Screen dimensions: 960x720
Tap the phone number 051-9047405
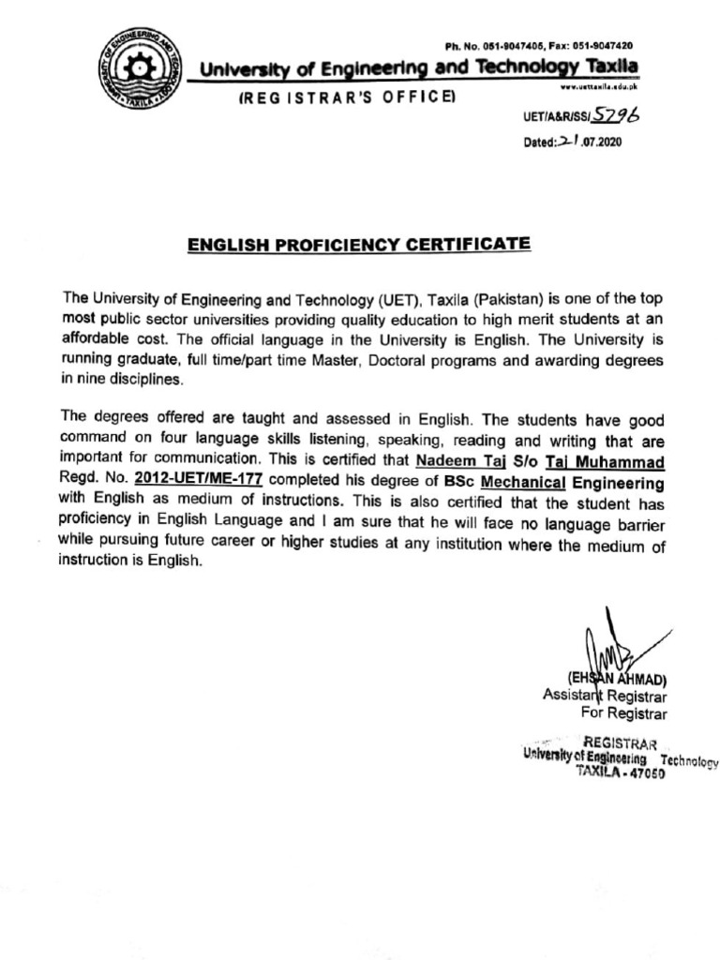click(x=506, y=45)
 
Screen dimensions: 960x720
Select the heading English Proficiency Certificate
click(x=359, y=245)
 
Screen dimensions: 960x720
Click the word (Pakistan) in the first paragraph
click(x=508, y=299)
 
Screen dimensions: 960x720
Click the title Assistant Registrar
click(x=604, y=696)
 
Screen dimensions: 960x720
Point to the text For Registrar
click(x=622, y=713)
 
